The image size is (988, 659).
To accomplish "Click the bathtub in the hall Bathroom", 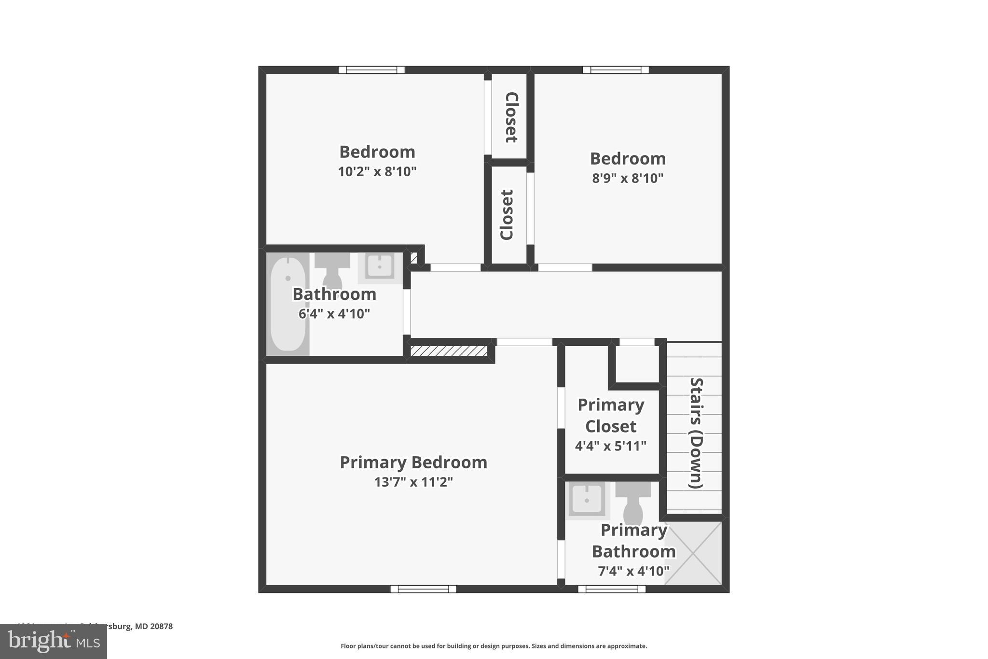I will (x=288, y=304).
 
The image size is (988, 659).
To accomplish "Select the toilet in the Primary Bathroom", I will (x=632, y=505).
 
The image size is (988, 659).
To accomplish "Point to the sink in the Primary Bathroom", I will (x=587, y=500).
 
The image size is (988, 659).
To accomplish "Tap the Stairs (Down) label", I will (x=696, y=433).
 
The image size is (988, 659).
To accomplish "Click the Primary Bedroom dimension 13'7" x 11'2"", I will (x=413, y=482).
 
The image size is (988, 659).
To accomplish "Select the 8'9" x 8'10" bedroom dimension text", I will (x=628, y=178).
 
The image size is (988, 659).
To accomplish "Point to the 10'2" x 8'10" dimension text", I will (x=377, y=171).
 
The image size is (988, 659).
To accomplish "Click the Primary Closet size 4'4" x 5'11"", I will (x=610, y=446).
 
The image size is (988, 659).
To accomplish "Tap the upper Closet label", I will (x=511, y=117).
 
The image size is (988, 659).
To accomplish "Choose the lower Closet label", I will (x=507, y=214).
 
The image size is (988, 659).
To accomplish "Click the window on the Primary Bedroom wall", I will (x=423, y=589).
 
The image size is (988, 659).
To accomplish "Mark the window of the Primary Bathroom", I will (x=612, y=589).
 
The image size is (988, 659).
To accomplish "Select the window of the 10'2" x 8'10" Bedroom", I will (x=371, y=70).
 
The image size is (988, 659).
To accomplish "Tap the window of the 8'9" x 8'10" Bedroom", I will (x=616, y=70).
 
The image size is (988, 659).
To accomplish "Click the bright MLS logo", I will (x=54, y=641).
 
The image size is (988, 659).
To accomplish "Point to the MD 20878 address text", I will (x=153, y=626).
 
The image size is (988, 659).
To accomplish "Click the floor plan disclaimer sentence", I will (x=494, y=646).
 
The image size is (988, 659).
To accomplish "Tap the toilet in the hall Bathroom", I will (x=332, y=273).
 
